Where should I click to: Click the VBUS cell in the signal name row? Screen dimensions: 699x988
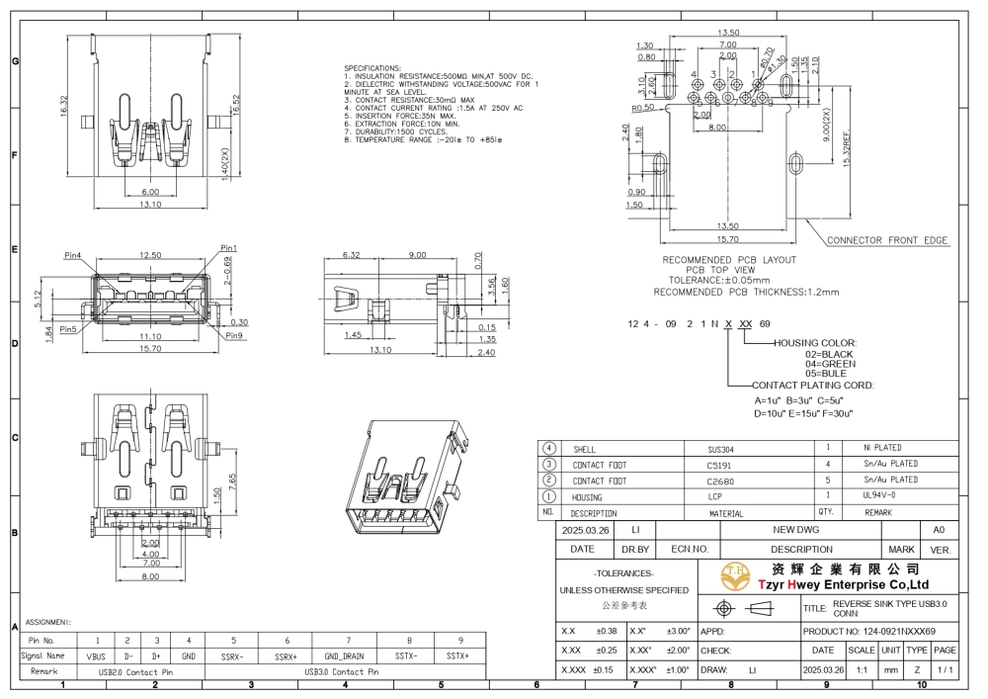pos(97,655)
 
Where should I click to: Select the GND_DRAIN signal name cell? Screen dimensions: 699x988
pos(348,655)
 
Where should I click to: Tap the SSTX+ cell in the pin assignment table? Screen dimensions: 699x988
pos(456,655)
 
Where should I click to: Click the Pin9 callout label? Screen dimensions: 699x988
pos(234,335)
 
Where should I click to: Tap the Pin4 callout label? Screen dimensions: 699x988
pos(73,255)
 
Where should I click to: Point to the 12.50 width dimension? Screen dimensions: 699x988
pos(150,255)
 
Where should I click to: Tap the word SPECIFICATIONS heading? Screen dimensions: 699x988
pos(372,68)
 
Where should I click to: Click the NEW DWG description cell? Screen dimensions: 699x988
pos(801,530)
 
